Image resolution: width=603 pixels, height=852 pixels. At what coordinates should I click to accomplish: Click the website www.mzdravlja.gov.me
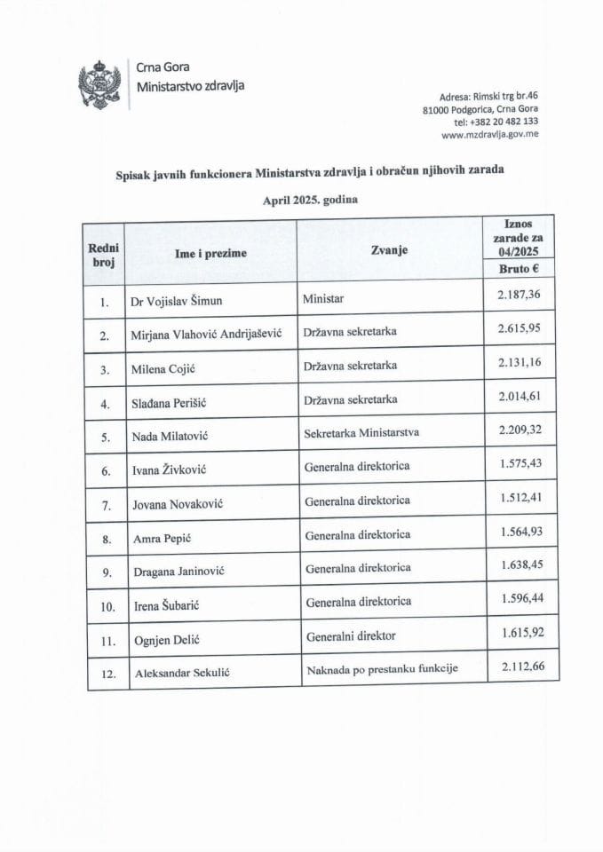click(489, 135)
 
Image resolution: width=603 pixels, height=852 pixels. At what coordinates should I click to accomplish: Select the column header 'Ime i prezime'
click(211, 254)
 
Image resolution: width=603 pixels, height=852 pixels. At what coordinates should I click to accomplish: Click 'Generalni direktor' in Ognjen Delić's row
click(350, 635)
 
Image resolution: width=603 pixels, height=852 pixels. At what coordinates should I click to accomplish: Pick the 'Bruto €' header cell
click(519, 269)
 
